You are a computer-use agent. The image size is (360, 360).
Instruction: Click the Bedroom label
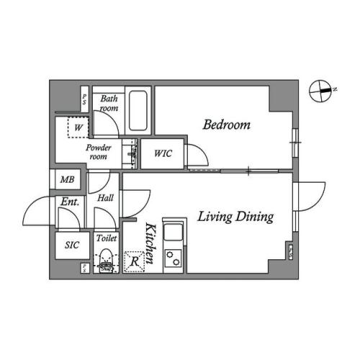[226, 125]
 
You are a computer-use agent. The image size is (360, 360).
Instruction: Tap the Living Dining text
[235, 217]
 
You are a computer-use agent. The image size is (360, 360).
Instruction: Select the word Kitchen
[151, 246]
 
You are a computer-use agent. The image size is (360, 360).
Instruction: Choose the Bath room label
[109, 103]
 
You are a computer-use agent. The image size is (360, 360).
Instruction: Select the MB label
[67, 180]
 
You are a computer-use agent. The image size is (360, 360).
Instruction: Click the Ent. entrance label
[69, 202]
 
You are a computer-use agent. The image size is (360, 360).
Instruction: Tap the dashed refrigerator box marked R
[135, 261]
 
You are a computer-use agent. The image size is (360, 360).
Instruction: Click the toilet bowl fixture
[106, 260]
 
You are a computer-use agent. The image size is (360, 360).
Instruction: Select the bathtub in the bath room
[138, 112]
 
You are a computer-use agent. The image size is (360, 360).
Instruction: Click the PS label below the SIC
[85, 268]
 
